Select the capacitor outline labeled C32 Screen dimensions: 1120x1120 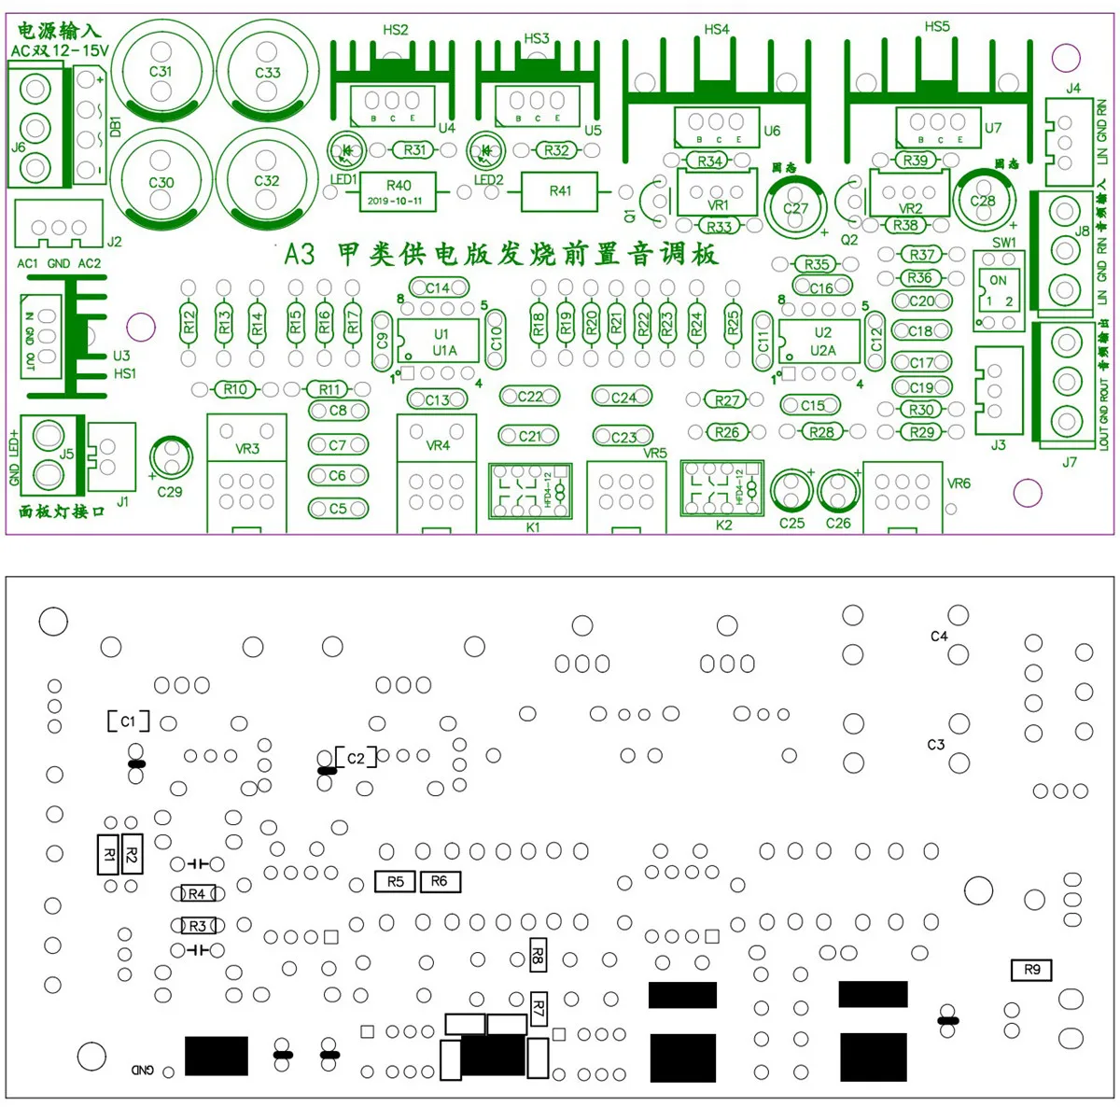[x=267, y=180]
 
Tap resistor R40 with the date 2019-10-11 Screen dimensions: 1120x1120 [x=398, y=191]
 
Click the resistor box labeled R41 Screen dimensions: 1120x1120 [x=560, y=191]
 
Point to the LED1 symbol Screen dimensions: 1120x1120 [x=344, y=150]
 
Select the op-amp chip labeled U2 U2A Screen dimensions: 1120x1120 [x=820, y=342]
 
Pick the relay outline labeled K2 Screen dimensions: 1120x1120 [x=721, y=487]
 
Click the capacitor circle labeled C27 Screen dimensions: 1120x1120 [x=795, y=207]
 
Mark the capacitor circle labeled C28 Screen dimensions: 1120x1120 [x=982, y=199]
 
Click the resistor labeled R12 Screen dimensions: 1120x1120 [x=189, y=323]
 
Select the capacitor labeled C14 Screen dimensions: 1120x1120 [x=437, y=288]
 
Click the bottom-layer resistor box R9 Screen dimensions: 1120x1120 [x=1031, y=970]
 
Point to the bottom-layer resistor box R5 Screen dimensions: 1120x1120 [x=395, y=881]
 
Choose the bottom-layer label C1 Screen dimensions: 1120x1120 [x=129, y=721]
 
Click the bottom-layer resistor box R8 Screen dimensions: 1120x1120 [x=538, y=954]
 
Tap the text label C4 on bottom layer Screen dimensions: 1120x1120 [x=939, y=637]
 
